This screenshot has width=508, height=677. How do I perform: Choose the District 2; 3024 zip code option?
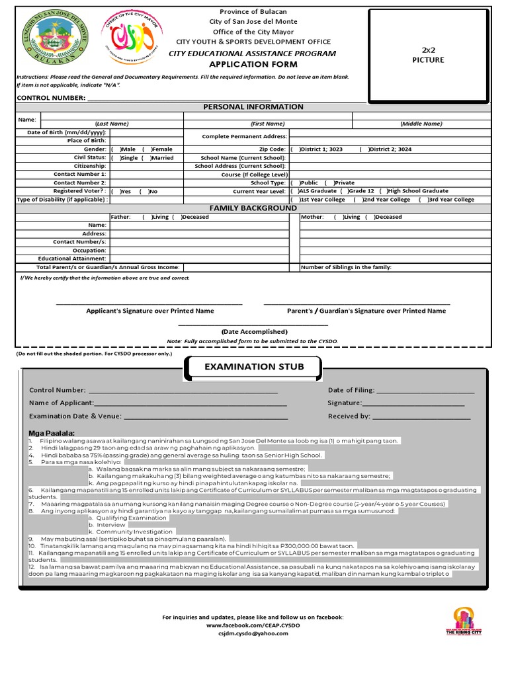point(362,149)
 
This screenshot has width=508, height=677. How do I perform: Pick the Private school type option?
point(337,182)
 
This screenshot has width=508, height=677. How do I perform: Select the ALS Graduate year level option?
point(293,191)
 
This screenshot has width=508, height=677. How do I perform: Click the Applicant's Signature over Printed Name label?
point(149,311)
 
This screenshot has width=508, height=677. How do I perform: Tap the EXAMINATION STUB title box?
point(254,367)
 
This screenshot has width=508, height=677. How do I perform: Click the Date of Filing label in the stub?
point(351,390)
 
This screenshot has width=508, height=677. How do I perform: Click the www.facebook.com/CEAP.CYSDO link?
point(253,625)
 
